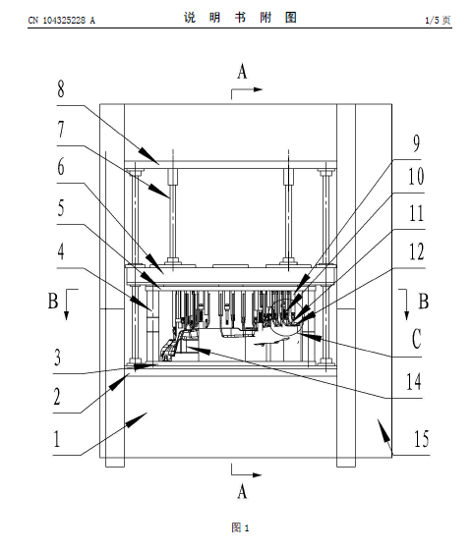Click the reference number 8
click(x=61, y=88)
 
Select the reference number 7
click(x=61, y=130)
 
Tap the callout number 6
click(x=61, y=167)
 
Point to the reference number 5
click(x=61, y=207)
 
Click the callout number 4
click(x=61, y=251)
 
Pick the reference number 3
click(x=57, y=358)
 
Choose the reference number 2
click(x=57, y=397)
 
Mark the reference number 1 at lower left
click(x=57, y=439)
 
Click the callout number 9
click(x=417, y=143)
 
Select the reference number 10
click(x=416, y=177)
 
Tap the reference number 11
click(x=416, y=213)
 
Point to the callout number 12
click(x=416, y=251)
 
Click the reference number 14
click(x=414, y=381)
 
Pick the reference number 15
click(x=422, y=439)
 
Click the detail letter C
click(x=417, y=338)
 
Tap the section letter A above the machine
click(x=242, y=71)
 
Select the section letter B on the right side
click(x=423, y=301)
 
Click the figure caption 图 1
click(x=240, y=527)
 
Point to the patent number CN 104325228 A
click(x=62, y=20)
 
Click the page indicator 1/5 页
click(x=438, y=20)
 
